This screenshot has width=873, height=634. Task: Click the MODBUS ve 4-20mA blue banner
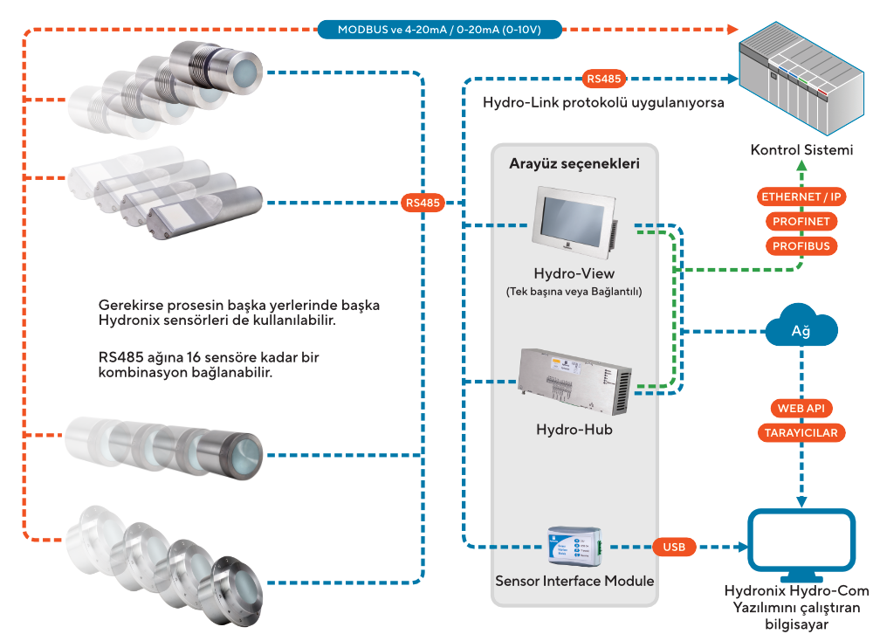pos(439,30)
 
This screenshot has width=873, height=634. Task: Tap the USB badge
pos(674,547)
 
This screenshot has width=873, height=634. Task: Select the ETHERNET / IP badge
pos(801,196)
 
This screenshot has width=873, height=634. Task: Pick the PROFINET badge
pos(801,221)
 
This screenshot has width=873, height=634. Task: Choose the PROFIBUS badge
pos(801,245)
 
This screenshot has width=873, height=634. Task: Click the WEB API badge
pos(801,408)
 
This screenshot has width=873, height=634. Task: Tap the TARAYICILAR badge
pos(801,432)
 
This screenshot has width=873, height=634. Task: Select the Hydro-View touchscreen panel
pos(574,223)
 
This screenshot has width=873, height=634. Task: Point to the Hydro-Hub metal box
pos(574,382)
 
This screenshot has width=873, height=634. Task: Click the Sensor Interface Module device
pos(575,543)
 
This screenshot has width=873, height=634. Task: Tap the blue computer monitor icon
pos(801,545)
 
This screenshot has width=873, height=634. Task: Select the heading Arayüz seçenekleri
pos(574,164)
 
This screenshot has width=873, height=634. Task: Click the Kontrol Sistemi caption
pos(801,150)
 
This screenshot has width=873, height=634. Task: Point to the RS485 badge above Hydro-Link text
pos(603,79)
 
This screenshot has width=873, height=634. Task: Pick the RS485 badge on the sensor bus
pos(423,203)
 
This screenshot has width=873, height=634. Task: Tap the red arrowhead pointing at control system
pos(732,30)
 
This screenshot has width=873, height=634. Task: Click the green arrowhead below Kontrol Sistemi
pos(801,165)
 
